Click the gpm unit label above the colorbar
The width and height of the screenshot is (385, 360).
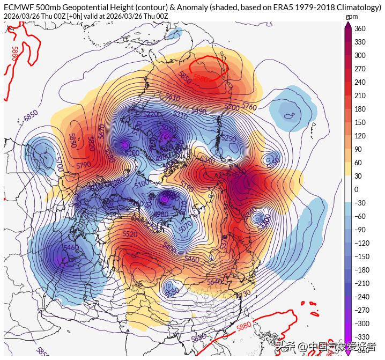[x=351, y=17]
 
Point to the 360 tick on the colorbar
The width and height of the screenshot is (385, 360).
[x=360, y=28]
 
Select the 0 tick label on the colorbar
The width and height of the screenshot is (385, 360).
[x=356, y=189]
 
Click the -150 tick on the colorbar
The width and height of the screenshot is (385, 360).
[x=362, y=256]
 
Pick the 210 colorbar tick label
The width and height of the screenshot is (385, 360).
[x=360, y=95]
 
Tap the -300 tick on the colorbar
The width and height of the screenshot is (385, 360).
[x=362, y=324]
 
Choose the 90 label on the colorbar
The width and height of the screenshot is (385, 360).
[x=358, y=149]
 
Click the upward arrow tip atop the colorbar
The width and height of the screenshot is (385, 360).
[x=347, y=24]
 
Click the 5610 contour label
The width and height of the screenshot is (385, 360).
[x=173, y=97]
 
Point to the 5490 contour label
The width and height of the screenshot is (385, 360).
[x=198, y=111]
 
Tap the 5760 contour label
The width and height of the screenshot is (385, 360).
[x=249, y=106]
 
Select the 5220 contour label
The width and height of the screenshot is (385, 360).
[x=151, y=114]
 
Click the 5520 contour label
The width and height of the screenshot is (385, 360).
[x=130, y=234]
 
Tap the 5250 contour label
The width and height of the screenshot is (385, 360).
[x=228, y=138]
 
